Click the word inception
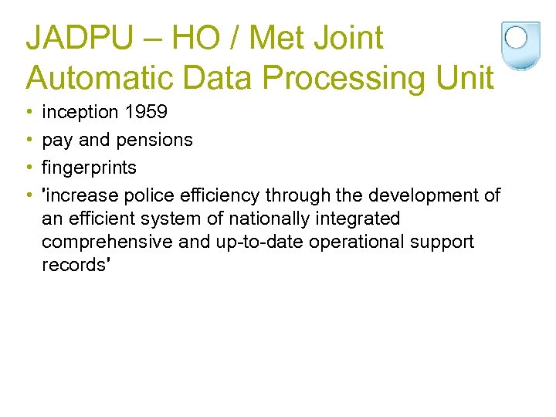click(x=80, y=112)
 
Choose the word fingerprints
click(x=89, y=168)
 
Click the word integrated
click(x=359, y=219)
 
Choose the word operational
click(x=358, y=242)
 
